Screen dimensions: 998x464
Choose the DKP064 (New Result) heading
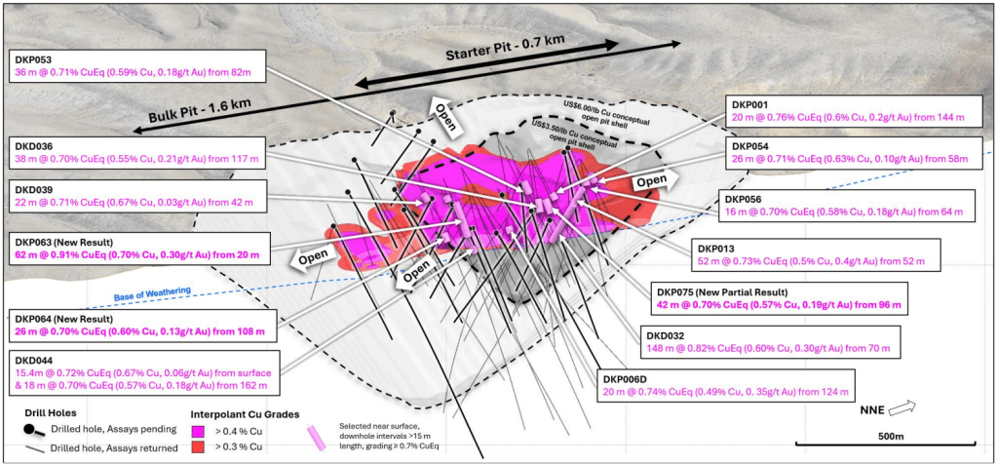63,318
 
